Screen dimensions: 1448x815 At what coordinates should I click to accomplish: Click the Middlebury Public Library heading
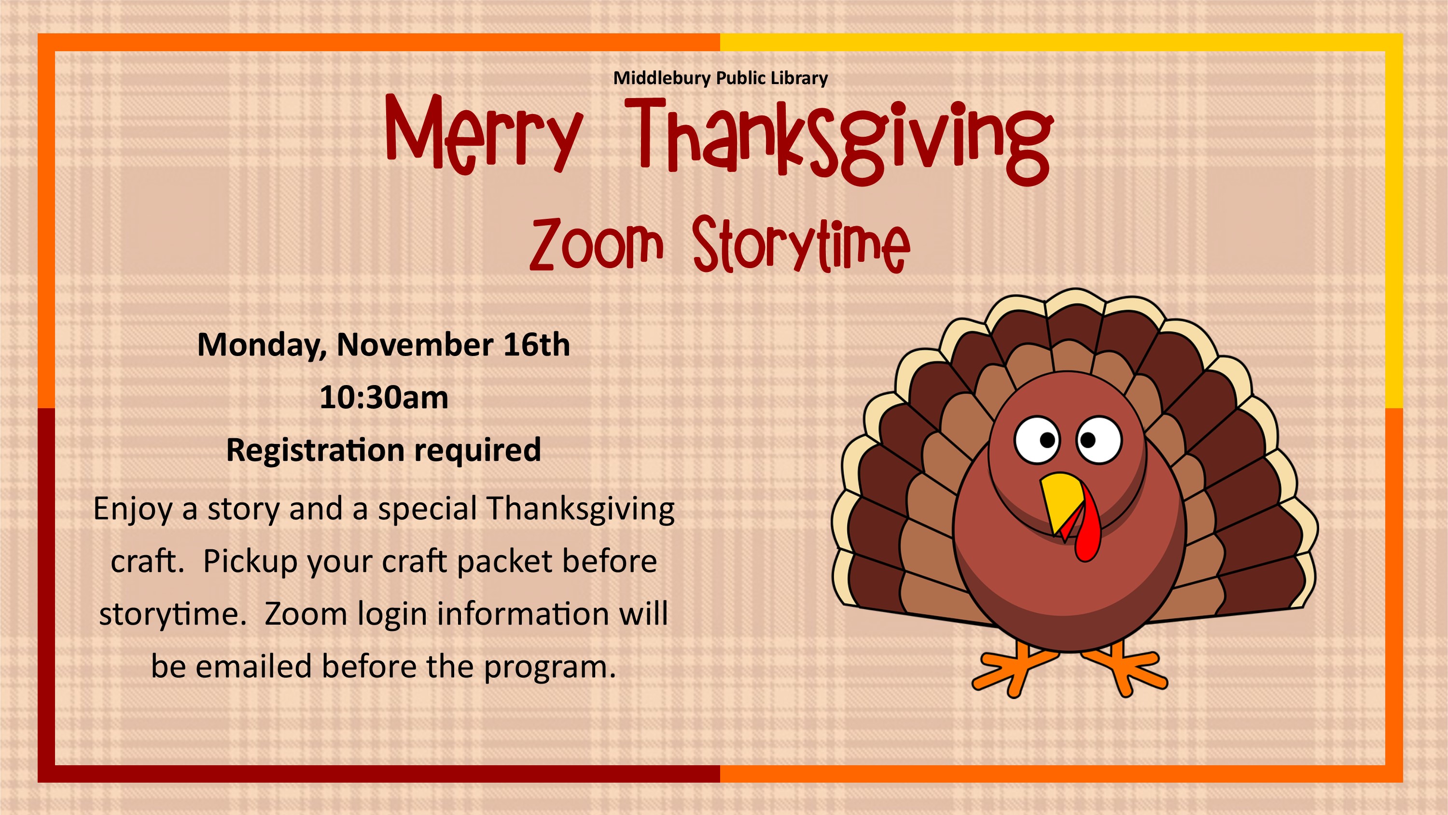tap(720, 78)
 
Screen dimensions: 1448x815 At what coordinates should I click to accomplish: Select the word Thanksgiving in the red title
tap(839, 141)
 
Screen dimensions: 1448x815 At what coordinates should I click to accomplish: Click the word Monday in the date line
tap(262, 345)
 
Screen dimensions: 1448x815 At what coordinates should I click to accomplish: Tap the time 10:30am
tap(384, 397)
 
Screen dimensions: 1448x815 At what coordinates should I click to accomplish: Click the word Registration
tap(315, 450)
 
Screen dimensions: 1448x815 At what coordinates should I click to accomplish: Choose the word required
tap(478, 450)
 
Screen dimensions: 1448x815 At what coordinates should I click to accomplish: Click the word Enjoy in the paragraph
tap(133, 509)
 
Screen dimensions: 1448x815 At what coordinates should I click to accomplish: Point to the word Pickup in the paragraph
tap(250, 562)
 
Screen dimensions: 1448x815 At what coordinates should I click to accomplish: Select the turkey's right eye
tap(1099, 440)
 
